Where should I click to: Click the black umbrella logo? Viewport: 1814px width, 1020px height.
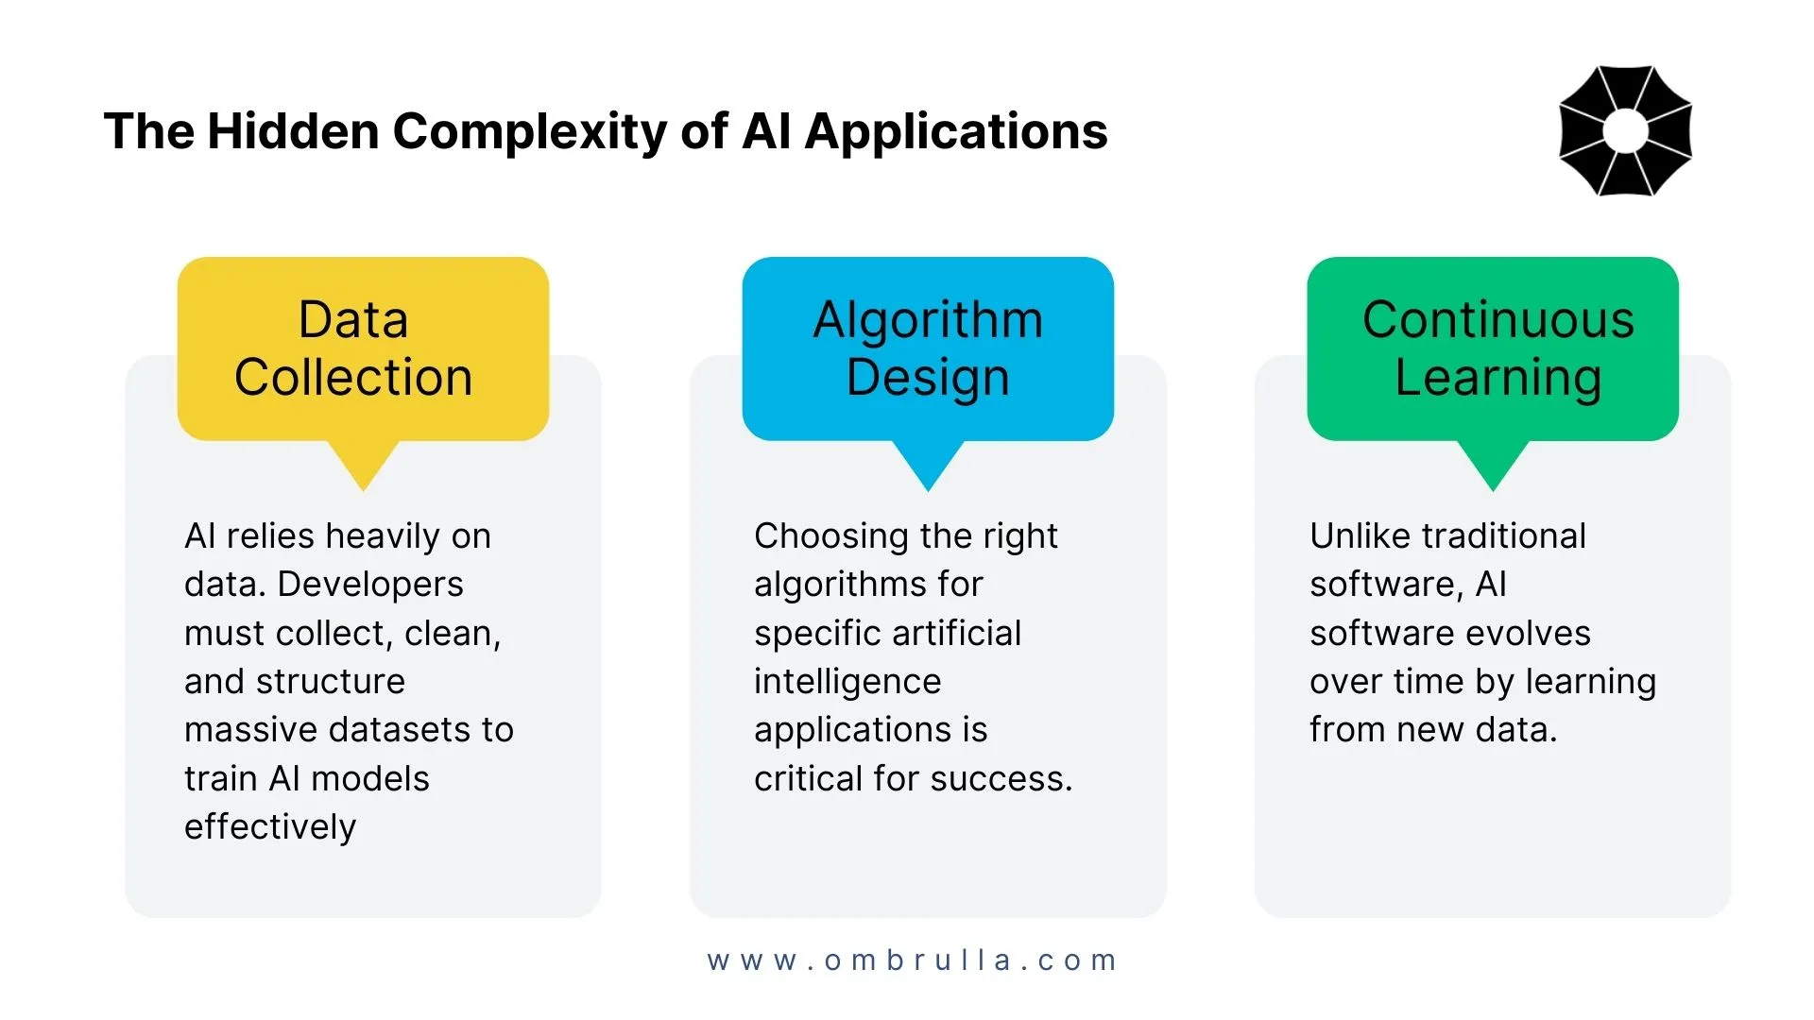point(1625,130)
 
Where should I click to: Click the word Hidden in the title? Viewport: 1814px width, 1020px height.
point(293,130)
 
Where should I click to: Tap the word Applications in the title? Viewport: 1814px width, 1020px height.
point(956,132)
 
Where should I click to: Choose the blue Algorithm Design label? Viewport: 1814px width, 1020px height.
point(928,348)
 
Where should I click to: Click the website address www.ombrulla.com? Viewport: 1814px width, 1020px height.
point(912,960)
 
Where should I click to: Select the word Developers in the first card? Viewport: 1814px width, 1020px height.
point(370,586)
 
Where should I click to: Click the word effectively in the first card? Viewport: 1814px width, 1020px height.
point(270,827)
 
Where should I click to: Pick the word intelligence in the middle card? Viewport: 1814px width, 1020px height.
point(847,682)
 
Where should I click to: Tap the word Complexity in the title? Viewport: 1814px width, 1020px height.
point(529,132)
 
